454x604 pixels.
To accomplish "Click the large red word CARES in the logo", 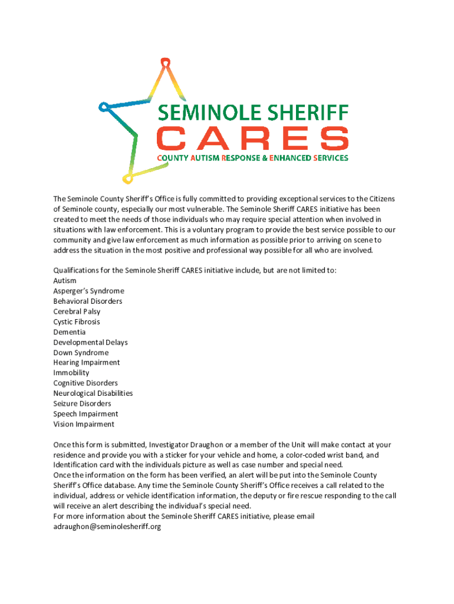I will [252, 139].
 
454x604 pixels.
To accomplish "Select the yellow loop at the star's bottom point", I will [126, 178].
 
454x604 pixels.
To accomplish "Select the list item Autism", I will [65, 281].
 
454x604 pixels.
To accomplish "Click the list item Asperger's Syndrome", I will [88, 291].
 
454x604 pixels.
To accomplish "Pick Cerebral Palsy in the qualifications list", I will [77, 311].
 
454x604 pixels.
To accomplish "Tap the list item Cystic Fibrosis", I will [77, 322].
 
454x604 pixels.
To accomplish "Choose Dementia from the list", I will [69, 332].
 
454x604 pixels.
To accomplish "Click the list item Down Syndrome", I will [81, 353].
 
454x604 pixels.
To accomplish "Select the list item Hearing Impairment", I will [86, 363].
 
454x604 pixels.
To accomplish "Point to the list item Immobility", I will [71, 373].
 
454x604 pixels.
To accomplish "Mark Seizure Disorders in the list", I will [82, 403].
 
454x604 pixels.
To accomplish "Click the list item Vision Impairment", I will [84, 424].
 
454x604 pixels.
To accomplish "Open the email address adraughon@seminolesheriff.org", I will [107, 527].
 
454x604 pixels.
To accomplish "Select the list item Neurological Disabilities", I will [93, 393].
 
